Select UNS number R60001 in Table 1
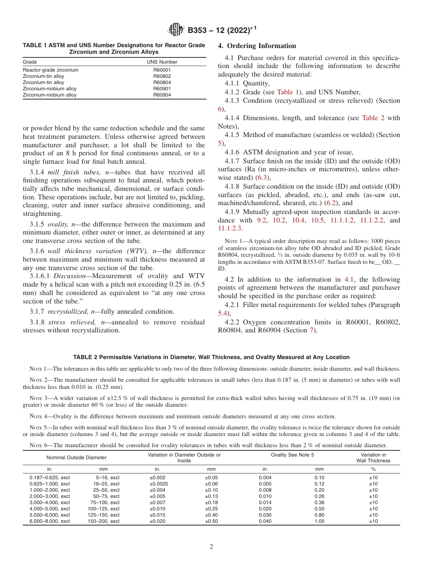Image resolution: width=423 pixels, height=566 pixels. (162, 70)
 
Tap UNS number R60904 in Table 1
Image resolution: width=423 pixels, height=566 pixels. (162, 95)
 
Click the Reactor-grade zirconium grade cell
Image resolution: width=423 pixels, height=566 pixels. (51, 70)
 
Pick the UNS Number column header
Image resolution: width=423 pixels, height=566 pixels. (162, 62)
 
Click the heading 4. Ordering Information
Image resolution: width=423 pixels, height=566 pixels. (257, 46)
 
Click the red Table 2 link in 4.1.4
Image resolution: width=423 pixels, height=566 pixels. (374, 118)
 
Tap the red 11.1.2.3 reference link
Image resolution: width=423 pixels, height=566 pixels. (230, 228)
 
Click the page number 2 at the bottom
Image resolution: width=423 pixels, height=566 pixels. (211, 546)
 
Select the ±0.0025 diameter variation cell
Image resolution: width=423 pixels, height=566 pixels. (159, 484)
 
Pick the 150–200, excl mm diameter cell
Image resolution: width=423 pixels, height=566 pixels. (103, 521)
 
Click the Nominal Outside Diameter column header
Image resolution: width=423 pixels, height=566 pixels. (76, 457)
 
